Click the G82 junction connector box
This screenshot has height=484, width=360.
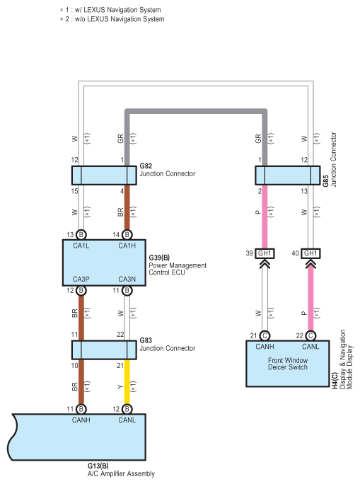pyautogui.click(x=104, y=175)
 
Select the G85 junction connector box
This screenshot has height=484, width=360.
pyautogui.click(x=288, y=175)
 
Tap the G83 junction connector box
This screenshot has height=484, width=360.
pyautogui.click(x=104, y=350)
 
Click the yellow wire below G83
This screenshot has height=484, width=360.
pyautogui.click(x=127, y=382)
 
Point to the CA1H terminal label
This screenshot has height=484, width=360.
pyautogui.click(x=127, y=246)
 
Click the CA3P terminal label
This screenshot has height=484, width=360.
pyautogui.click(x=81, y=279)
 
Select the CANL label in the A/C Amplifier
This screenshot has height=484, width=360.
pyautogui.click(x=127, y=420)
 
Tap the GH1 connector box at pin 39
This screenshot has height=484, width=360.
pyautogui.click(x=265, y=253)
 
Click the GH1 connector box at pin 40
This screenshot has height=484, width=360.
pyautogui.click(x=310, y=253)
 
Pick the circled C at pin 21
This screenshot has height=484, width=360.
pyautogui.click(x=265, y=335)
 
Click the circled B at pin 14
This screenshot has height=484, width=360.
pyautogui.click(x=127, y=235)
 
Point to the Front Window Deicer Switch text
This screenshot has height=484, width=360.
pyautogui.click(x=288, y=364)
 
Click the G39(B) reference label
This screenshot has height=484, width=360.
pyautogui.click(x=159, y=258)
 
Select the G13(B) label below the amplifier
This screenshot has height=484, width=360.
pyautogui.click(x=98, y=466)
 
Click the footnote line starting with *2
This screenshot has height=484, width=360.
pyautogui.click(x=112, y=19)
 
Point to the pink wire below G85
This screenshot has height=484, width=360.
pyautogui.click(x=265, y=217)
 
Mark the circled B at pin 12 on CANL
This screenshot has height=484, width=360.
pyautogui.click(x=127, y=409)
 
